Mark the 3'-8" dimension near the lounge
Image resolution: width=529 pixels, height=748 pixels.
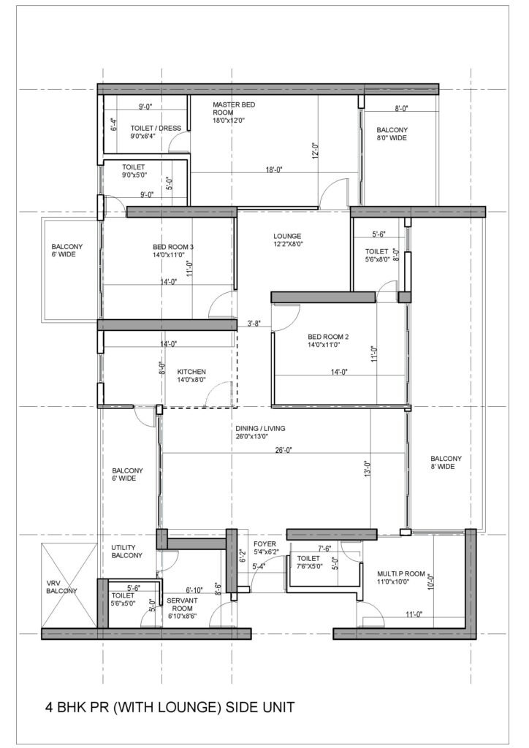(x=254, y=322)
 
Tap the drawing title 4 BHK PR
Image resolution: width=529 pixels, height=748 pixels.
(x=170, y=707)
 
